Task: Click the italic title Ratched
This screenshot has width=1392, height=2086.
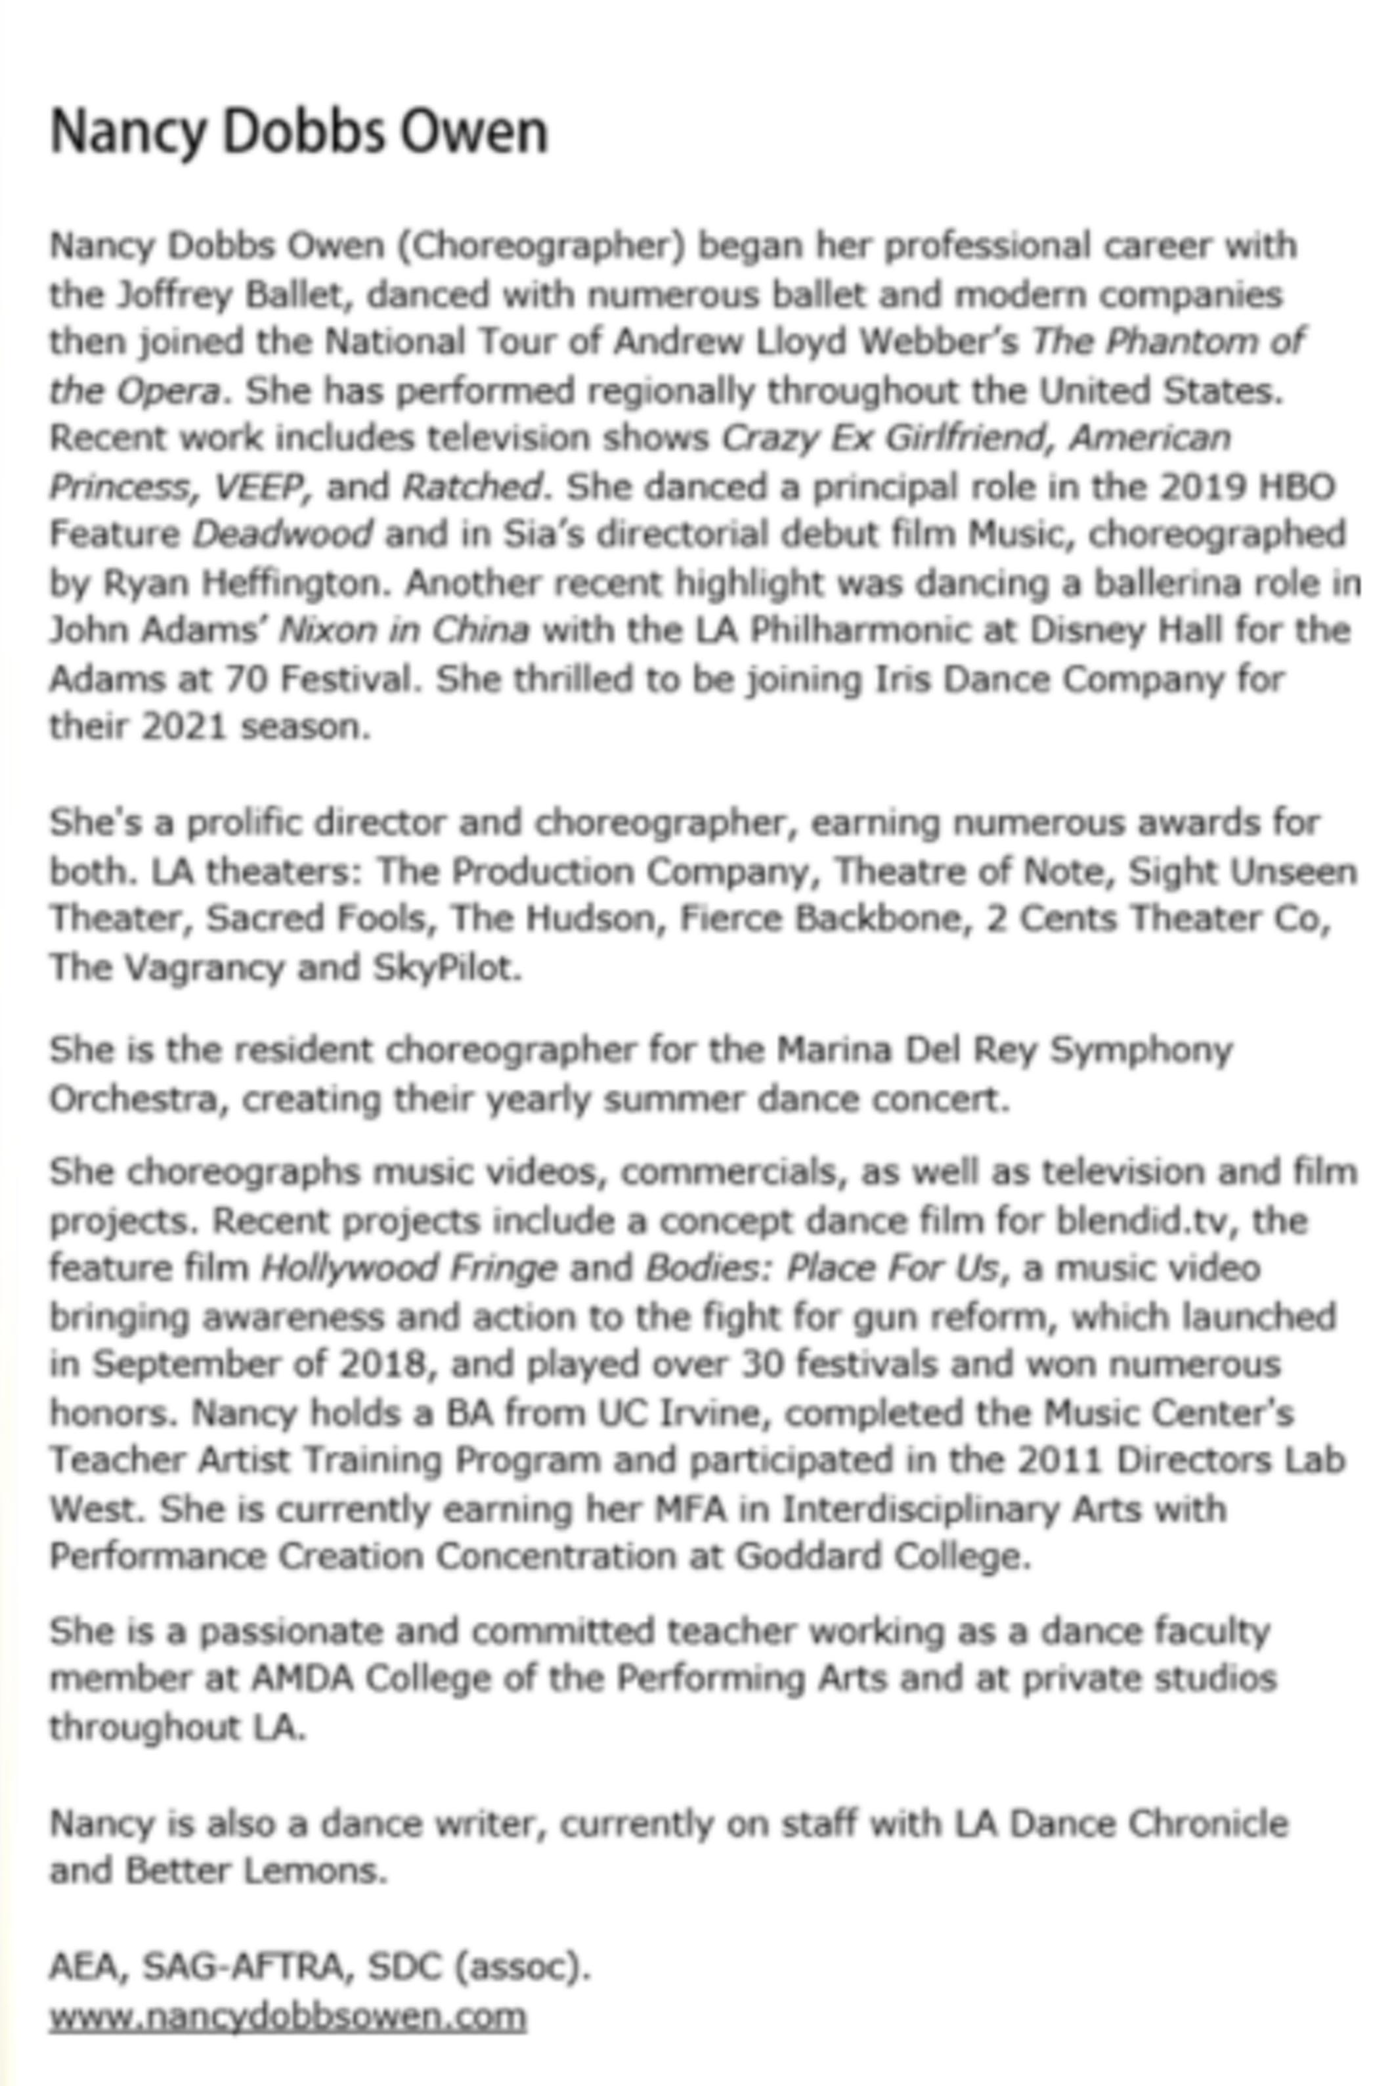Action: [471, 487]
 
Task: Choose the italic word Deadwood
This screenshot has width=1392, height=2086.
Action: [282, 535]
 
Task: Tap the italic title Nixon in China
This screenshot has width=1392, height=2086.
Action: [404, 631]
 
